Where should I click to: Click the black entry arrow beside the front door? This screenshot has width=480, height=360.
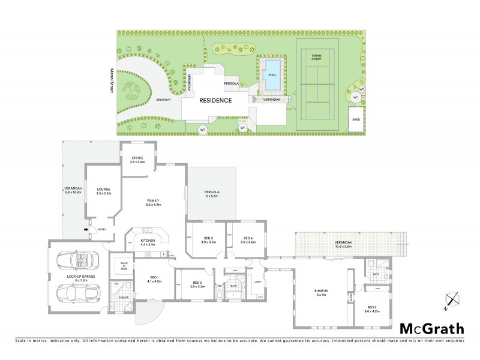[86, 229]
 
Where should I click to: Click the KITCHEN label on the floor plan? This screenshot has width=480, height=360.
[148, 242]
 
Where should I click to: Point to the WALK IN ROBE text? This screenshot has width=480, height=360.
[124, 265]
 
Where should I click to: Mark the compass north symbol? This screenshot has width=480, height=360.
[451, 301]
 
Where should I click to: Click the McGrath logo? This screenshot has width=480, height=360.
[431, 328]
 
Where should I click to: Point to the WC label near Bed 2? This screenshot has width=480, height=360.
[220, 286]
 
